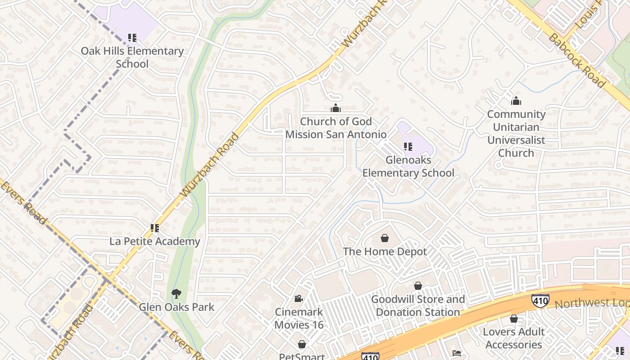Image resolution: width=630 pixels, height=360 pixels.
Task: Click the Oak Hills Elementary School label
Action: click(x=132, y=57)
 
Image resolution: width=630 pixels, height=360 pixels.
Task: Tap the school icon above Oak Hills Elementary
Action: click(x=132, y=38)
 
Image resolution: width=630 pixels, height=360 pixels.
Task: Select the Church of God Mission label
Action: click(x=336, y=128)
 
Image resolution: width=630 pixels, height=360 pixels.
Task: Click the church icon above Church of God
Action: click(x=335, y=108)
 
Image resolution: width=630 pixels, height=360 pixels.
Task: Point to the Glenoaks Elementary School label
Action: click(x=408, y=166)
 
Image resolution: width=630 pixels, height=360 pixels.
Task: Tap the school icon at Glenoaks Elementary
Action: click(x=408, y=146)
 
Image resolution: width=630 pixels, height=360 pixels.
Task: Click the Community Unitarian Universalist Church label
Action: click(x=516, y=134)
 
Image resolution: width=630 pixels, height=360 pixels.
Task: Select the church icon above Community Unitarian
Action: click(x=516, y=101)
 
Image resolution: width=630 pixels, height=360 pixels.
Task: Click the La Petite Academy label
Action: click(x=155, y=242)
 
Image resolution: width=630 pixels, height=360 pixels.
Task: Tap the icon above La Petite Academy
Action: click(x=155, y=228)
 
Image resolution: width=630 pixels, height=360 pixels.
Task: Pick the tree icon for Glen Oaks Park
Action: click(x=176, y=294)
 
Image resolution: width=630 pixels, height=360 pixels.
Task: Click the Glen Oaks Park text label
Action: click(x=176, y=307)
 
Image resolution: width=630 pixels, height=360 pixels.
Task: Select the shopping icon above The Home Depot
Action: click(x=385, y=238)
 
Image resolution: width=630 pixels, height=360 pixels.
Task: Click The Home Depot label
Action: click(x=385, y=252)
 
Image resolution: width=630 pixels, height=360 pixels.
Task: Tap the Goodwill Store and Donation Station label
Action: click(x=418, y=306)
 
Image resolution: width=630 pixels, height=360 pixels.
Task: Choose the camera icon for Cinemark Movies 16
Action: click(x=298, y=298)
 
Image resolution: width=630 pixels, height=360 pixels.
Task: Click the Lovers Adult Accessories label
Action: click(x=513, y=338)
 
